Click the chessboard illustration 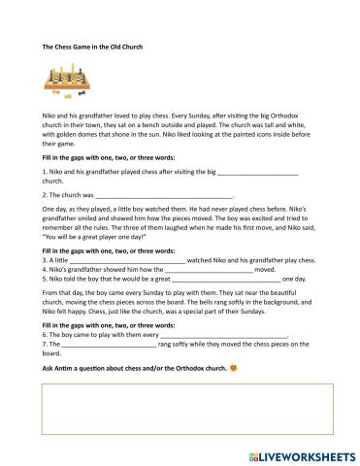(x=69, y=83)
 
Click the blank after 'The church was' (x=165, y=193)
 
